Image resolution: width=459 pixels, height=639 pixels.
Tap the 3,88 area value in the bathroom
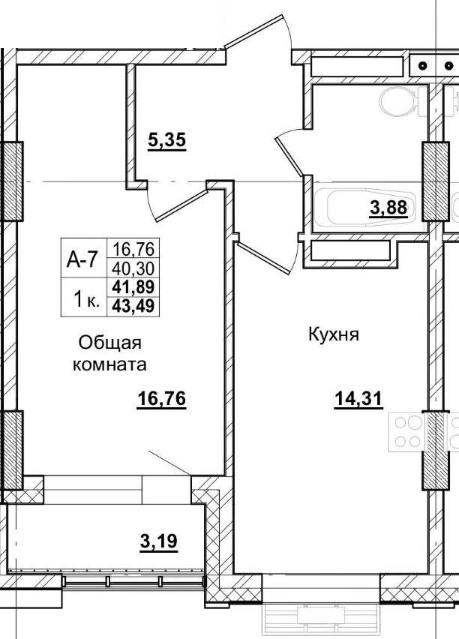pos(388,208)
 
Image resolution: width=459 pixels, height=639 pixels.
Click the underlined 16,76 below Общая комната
pos(160,399)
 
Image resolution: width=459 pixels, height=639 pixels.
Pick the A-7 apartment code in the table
pos(82,260)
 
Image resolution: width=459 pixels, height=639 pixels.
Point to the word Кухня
pos(334,334)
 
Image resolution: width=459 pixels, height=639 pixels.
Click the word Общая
pos(110,343)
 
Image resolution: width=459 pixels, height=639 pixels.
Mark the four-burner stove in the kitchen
pos(406,431)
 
